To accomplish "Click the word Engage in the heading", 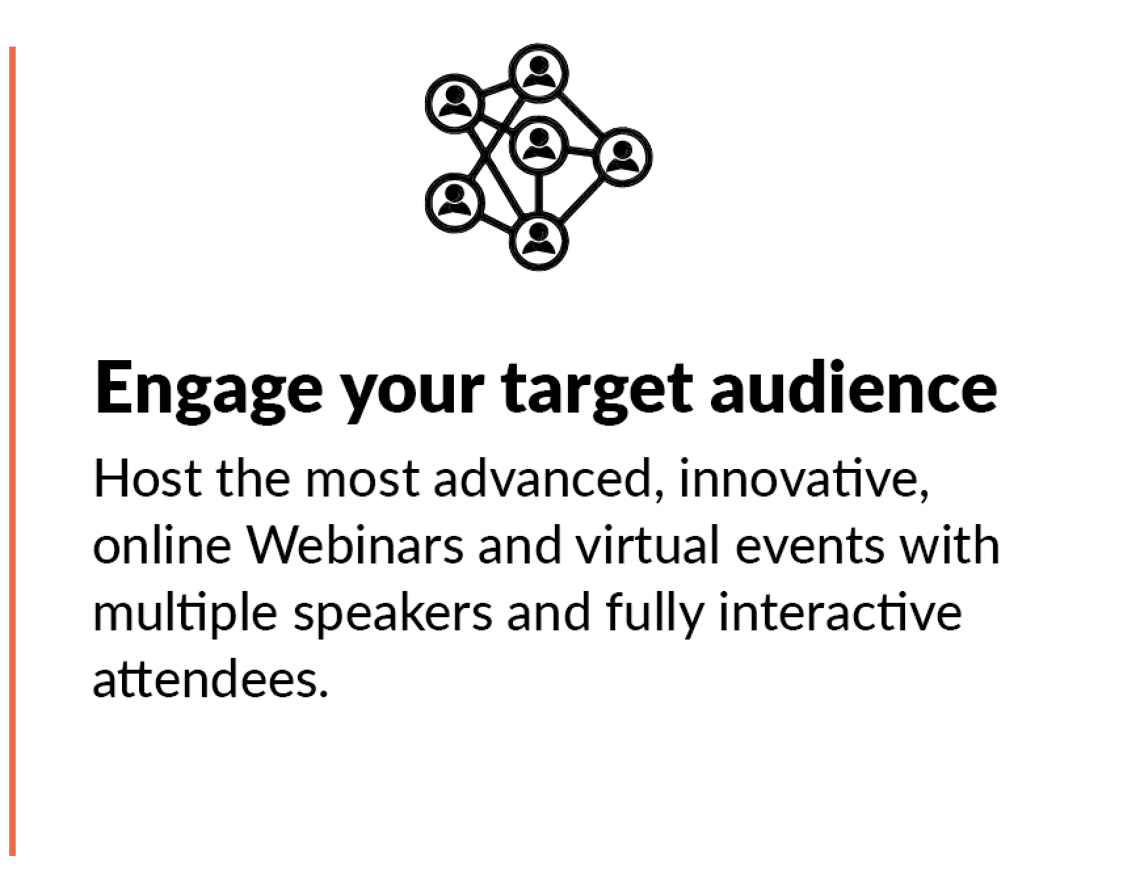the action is point(209,390).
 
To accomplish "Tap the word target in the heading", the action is point(597,390).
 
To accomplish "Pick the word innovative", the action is point(804,478).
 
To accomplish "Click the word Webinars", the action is point(355,544).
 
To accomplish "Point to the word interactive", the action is point(840,611).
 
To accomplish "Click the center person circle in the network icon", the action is point(539,147).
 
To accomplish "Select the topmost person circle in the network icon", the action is point(539,73).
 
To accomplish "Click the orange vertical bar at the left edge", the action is point(12,451).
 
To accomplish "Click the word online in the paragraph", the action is point(162,544).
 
